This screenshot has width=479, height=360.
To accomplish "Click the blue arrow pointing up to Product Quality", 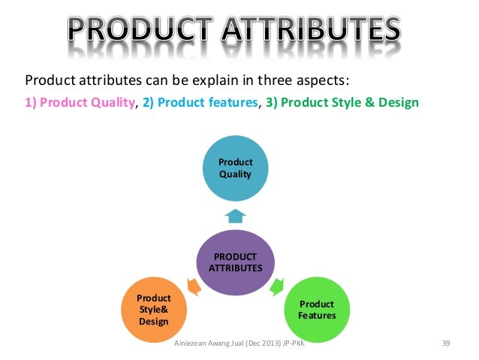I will coord(235,216).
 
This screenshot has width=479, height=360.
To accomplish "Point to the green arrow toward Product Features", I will coord(277,286).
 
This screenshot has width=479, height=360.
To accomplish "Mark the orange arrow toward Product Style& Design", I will coord(193,286).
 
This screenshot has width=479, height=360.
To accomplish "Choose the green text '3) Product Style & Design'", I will coord(341,102).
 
